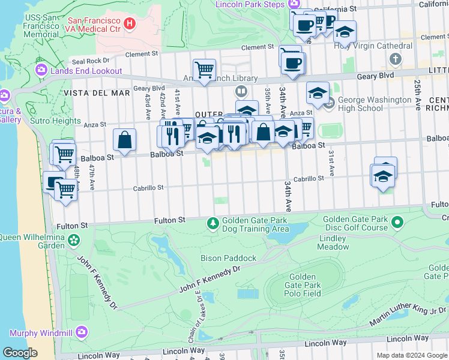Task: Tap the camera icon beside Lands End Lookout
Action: pos(41,71)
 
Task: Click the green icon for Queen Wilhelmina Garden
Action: pos(73,241)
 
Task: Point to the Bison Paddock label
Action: pos(228,258)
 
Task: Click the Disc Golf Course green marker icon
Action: pos(397,223)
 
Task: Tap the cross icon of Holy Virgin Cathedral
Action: pos(395,59)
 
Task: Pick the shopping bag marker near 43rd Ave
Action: pos(124,140)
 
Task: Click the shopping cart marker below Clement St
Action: pos(204,70)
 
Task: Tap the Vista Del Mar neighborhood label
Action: pos(88,93)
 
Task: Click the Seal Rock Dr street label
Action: pos(91,61)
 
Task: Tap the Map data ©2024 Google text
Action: pos(411,355)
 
